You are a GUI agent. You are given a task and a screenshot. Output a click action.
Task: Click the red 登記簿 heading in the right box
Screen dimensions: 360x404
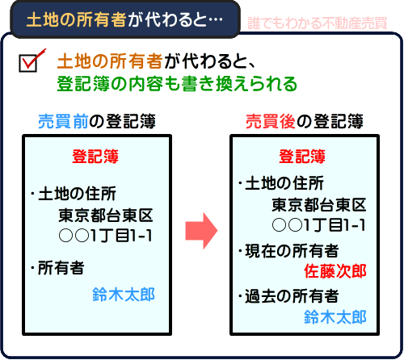(x=302, y=156)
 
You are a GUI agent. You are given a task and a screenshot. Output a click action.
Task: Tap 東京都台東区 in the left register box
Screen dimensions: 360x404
(x=105, y=215)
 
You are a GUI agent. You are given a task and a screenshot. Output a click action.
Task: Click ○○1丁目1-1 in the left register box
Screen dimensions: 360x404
(x=106, y=235)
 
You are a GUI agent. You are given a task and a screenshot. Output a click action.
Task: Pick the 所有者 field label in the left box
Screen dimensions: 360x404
(x=60, y=268)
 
